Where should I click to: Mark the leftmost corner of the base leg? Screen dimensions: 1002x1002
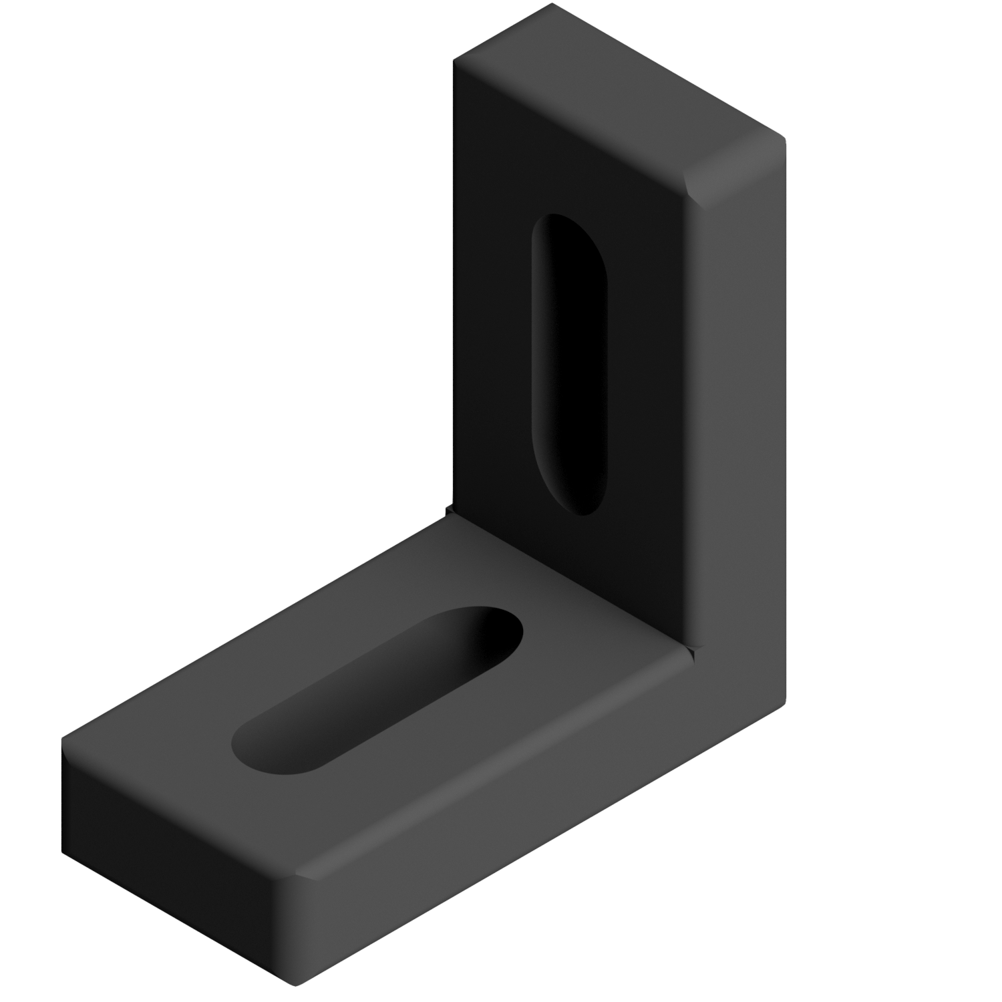coord(61,739)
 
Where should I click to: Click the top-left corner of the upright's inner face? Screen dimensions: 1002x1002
coord(454,61)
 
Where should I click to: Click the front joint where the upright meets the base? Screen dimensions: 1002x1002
coord(691,647)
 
